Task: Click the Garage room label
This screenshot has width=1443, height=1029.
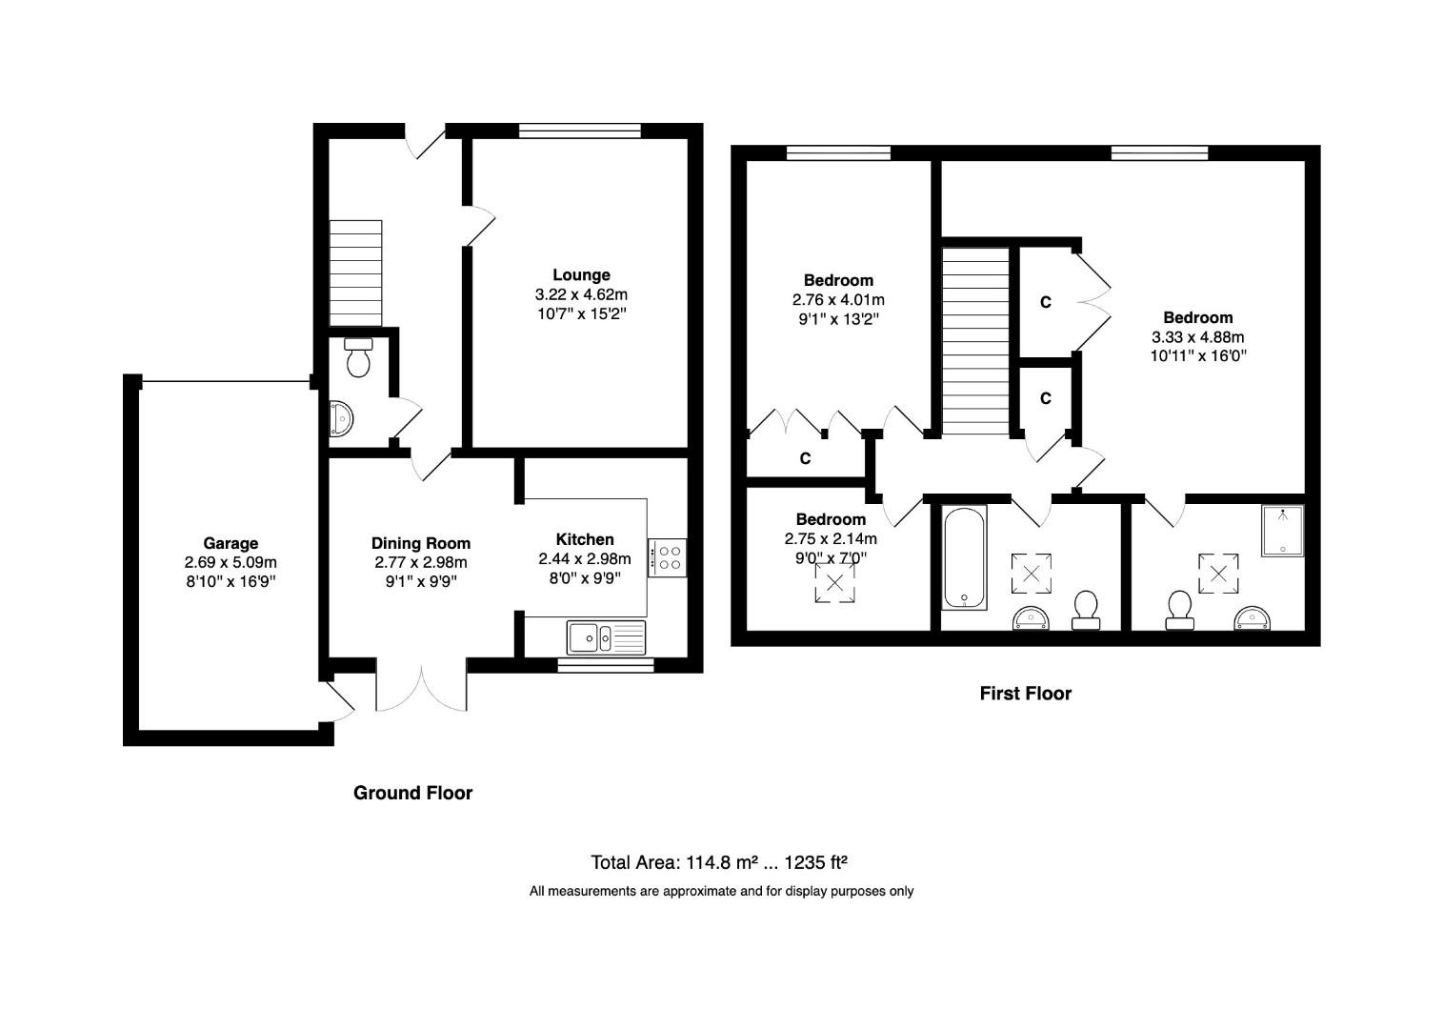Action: [x=230, y=544]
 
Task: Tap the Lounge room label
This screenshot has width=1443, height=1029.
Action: [x=581, y=275]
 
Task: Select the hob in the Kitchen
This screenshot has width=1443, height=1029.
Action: [x=667, y=557]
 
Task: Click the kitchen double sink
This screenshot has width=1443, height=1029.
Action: [x=606, y=636]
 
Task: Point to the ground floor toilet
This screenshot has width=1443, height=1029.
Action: [x=358, y=357]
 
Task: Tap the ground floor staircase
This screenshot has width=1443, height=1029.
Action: [x=355, y=273]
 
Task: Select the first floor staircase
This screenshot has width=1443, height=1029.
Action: [x=975, y=340]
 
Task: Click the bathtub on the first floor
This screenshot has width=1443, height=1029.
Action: [x=964, y=557]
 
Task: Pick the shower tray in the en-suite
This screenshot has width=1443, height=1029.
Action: [x=1282, y=531]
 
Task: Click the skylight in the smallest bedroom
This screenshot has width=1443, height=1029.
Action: [x=834, y=582]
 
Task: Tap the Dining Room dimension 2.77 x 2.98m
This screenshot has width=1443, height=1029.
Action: [x=421, y=562]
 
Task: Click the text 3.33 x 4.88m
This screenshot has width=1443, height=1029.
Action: [x=1197, y=336]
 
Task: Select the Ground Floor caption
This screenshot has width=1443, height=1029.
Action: [x=412, y=793]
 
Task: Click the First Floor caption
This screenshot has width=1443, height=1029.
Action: [x=1025, y=694]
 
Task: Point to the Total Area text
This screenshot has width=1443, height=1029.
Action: [x=719, y=862]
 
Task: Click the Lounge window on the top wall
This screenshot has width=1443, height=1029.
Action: [x=579, y=131]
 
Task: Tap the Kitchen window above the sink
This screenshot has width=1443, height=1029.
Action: [x=606, y=665]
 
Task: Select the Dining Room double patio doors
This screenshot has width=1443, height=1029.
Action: [x=422, y=686]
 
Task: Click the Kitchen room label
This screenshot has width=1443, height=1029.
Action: [x=585, y=539]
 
